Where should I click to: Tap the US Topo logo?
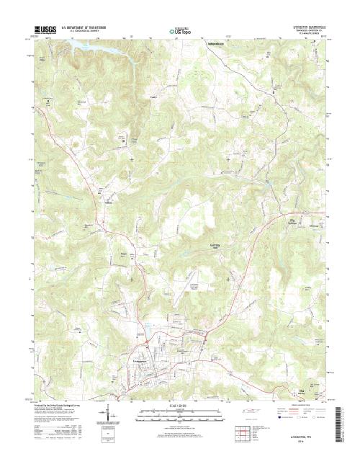(x=180, y=31)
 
